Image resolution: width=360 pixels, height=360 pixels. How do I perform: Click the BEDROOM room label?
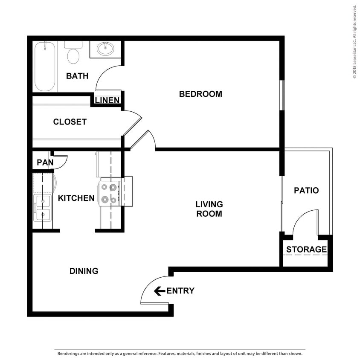(x=200, y=94)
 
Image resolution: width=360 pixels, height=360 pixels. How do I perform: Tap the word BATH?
(x=77, y=76)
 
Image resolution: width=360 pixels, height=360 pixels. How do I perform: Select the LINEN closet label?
(x=107, y=101)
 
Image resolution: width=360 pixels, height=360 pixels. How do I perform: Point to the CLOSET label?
(x=70, y=122)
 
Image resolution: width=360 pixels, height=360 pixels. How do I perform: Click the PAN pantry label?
(x=45, y=163)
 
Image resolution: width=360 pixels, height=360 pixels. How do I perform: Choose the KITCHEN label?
(x=76, y=198)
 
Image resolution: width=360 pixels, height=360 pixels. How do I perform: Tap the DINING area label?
(x=84, y=271)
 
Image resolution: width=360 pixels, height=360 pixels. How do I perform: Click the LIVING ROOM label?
(x=209, y=209)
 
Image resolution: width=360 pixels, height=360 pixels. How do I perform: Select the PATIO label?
(x=306, y=190)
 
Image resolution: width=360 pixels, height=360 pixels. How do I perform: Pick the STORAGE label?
(x=306, y=250)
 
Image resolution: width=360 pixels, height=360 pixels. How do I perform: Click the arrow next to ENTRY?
(x=160, y=291)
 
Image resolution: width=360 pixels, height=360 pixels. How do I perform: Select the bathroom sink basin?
(x=105, y=49)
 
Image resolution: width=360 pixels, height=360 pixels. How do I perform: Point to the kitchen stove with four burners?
(x=109, y=193)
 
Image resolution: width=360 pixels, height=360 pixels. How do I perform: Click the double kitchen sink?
(x=42, y=208)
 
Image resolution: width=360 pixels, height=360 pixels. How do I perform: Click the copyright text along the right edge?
(x=354, y=41)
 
